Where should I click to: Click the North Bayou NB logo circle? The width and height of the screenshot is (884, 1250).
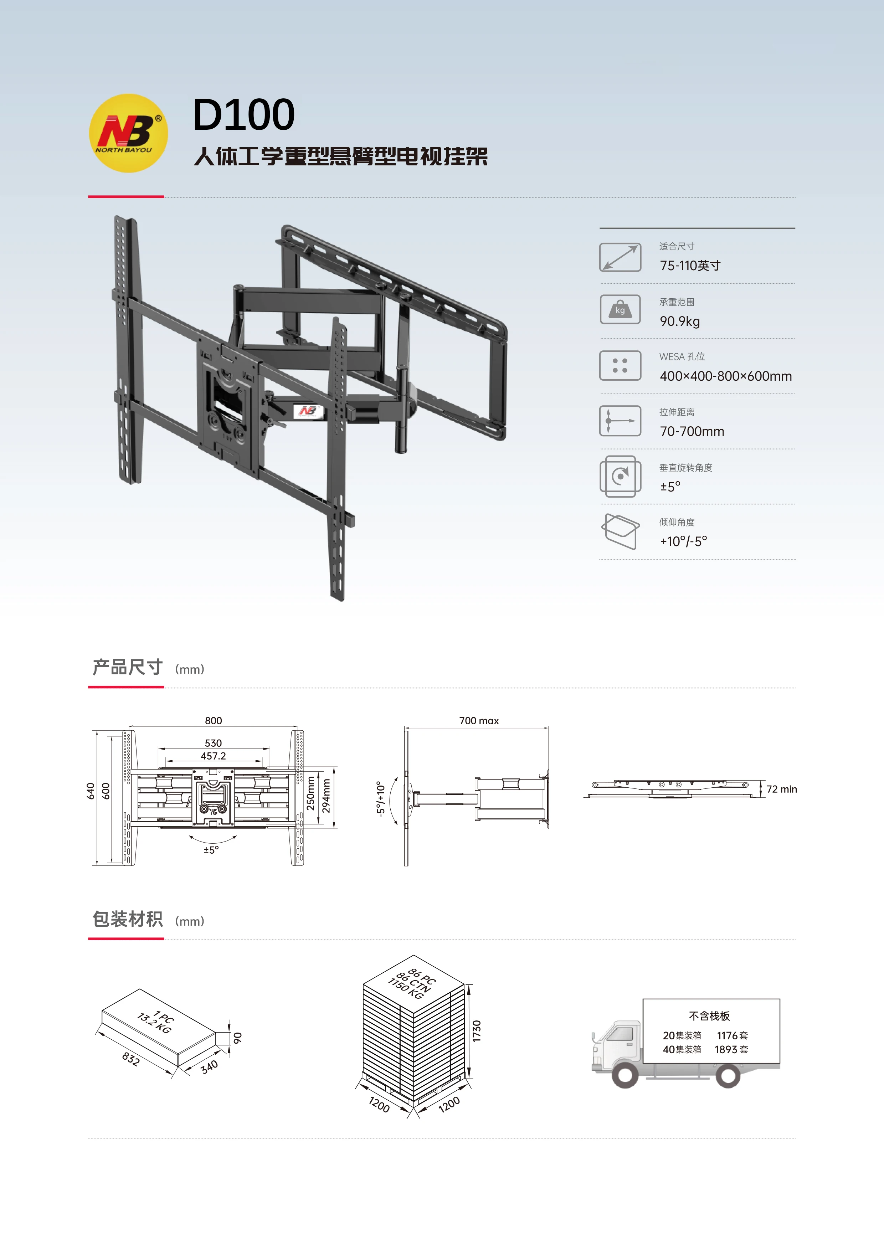(128, 133)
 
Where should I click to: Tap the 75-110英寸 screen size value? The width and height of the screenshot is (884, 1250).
(690, 266)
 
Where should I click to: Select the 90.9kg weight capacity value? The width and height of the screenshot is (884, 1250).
(679, 321)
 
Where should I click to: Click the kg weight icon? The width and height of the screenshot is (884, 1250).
(620, 309)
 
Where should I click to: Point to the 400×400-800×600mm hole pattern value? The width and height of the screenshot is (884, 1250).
(726, 376)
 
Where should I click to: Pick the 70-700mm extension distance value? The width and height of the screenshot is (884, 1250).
(692, 432)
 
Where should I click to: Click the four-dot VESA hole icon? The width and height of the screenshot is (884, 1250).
(620, 365)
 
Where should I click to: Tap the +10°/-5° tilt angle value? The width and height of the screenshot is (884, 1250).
(683, 541)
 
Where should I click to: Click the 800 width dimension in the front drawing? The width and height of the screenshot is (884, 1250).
(214, 720)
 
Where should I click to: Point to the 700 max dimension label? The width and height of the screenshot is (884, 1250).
(479, 720)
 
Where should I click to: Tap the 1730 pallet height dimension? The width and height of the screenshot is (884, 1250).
(477, 1031)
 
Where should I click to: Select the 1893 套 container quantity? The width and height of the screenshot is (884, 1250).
(731, 1049)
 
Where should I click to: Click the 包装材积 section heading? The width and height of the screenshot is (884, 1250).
(127, 919)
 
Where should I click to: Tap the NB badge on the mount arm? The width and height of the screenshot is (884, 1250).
(308, 411)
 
